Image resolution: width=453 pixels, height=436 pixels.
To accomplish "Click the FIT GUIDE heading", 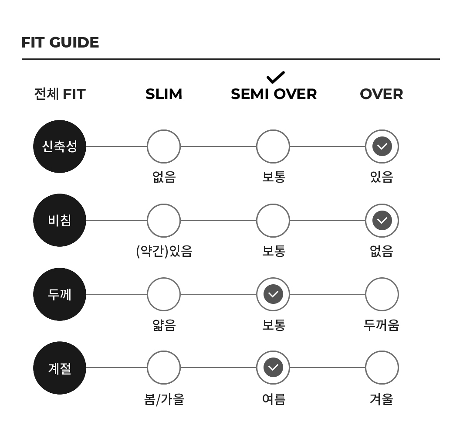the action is pos(60,42).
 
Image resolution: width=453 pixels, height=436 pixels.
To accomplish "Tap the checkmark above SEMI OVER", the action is pos(276,77).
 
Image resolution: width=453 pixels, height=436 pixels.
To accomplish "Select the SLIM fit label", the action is pos(164,94).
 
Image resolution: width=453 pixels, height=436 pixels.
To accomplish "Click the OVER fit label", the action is pos(382,94).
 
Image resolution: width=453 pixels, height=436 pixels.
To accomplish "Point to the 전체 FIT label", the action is pos(60,94).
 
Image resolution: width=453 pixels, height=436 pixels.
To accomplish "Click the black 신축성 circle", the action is pos(60,146).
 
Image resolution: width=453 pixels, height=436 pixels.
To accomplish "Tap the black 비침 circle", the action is pos(60,220).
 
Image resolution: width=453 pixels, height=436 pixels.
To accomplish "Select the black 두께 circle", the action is pos(60,294).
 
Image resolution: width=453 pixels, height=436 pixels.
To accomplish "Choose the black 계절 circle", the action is pos(60,368).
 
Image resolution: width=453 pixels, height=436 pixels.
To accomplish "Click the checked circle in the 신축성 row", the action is pos(382,146).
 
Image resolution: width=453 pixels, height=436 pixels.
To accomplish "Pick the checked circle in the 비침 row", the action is pos(382,220).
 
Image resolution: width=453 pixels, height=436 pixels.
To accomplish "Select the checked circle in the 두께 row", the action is pos(273,294).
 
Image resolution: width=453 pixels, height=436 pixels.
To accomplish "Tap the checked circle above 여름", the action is pos(273,368).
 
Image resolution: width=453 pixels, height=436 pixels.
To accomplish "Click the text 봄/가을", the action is pos(164,399).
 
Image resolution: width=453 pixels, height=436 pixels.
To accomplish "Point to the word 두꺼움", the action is pos(382,325).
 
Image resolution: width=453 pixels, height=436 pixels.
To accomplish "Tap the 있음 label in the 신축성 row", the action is pos(382,177).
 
